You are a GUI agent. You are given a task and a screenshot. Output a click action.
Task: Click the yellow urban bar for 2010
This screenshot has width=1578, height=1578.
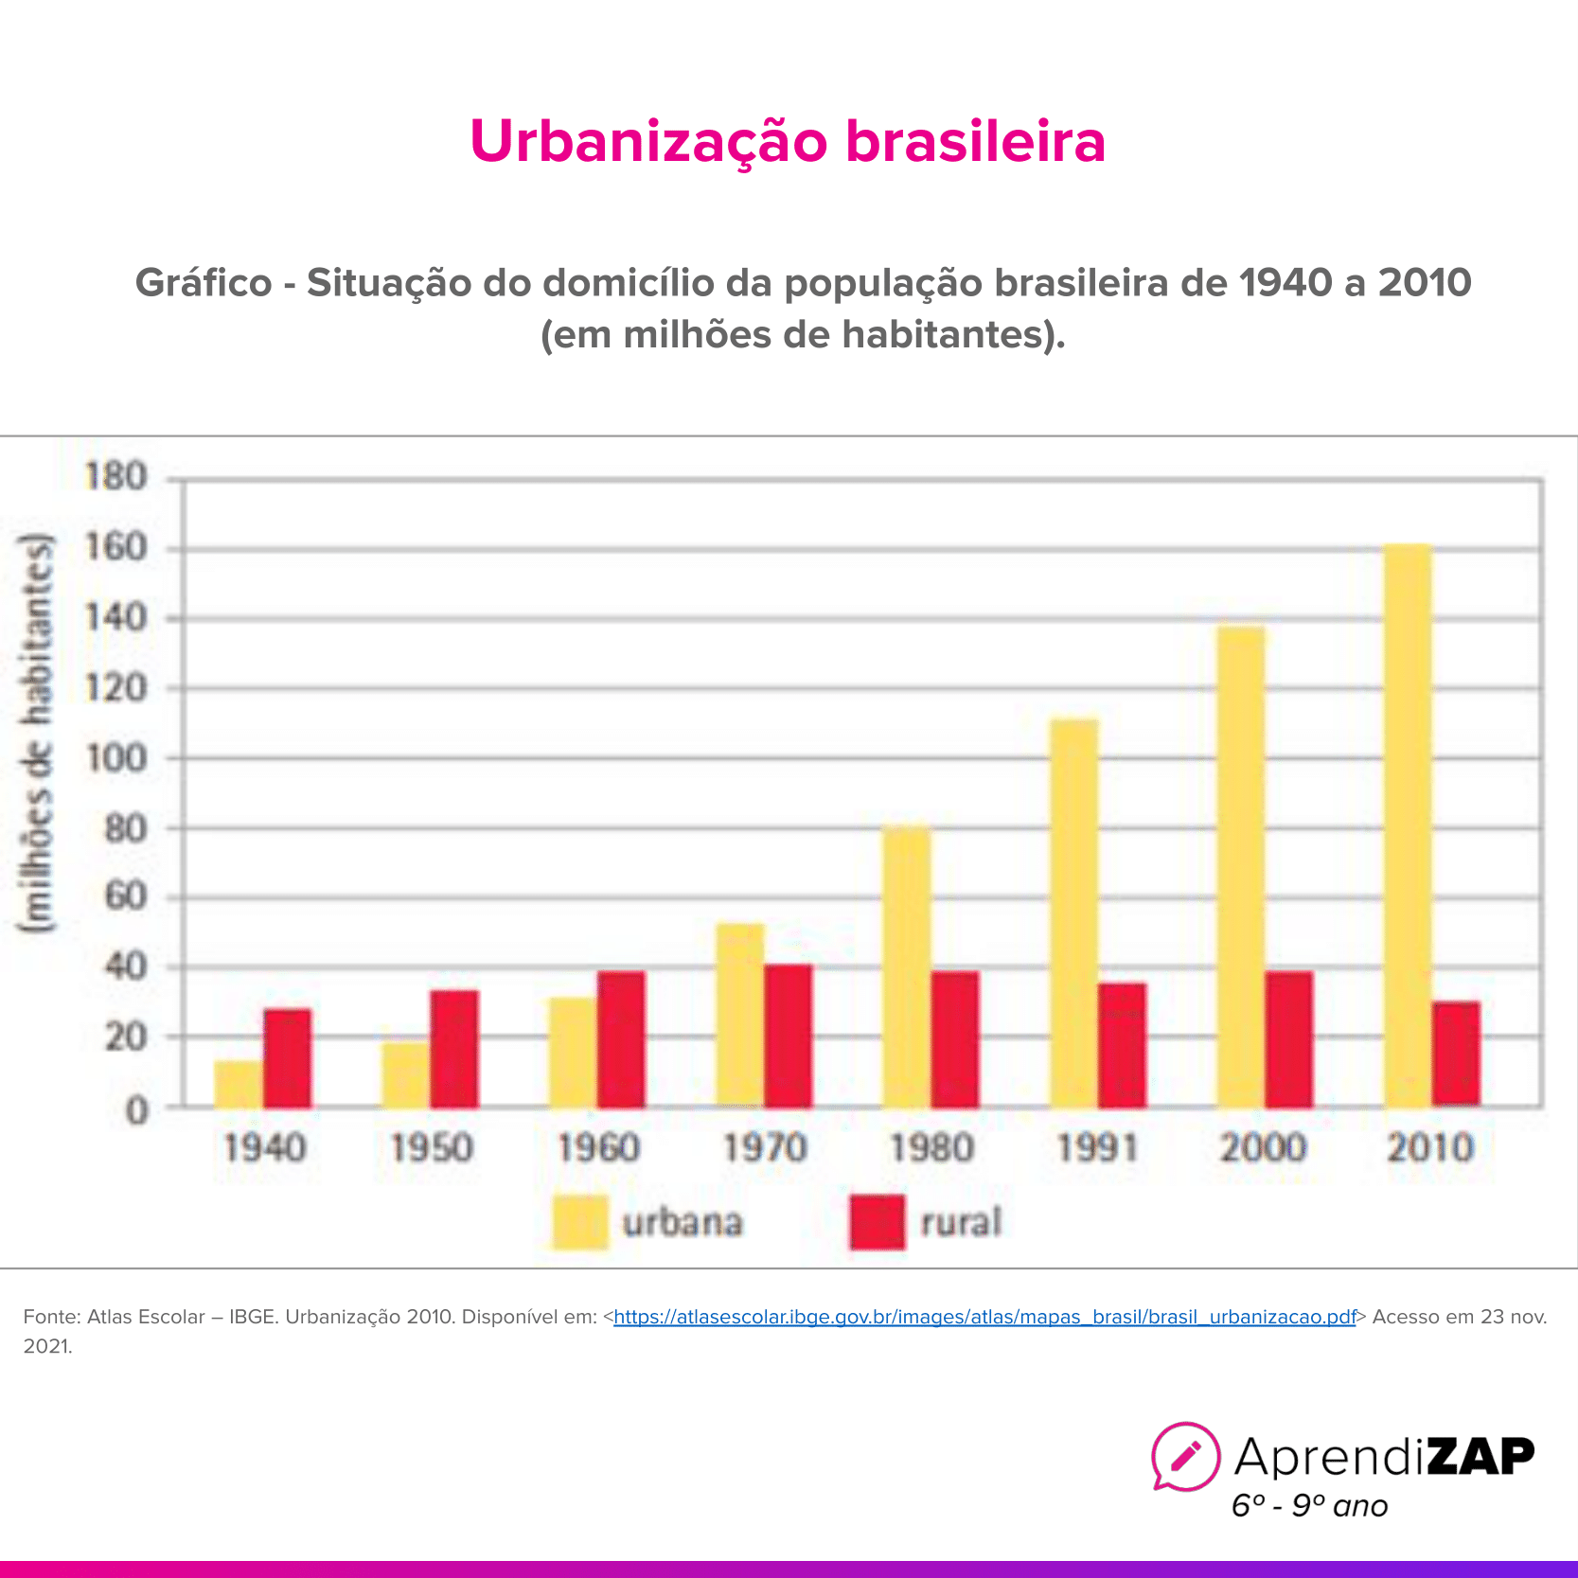[1408, 824]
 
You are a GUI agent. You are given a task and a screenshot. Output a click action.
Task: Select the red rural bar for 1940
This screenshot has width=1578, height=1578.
[288, 1058]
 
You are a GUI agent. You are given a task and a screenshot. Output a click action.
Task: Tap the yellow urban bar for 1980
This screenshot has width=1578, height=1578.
[907, 966]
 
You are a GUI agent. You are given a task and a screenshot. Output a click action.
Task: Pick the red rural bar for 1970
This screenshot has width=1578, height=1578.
[789, 1036]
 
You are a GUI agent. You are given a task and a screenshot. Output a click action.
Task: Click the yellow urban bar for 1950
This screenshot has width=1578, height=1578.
[405, 1074]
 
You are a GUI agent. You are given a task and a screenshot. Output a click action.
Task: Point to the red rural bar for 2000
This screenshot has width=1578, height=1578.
[1289, 1039]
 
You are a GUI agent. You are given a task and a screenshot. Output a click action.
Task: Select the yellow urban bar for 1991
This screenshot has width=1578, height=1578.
[1074, 913]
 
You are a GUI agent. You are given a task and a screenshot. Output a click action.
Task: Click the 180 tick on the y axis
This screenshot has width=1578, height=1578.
[115, 476]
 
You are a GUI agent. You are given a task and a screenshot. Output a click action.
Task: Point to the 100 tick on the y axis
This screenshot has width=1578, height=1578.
[115, 758]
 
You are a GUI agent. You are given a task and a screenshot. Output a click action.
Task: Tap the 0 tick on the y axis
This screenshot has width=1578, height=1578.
[137, 1110]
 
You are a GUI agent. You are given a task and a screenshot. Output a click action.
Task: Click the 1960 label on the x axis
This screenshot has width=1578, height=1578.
[598, 1148]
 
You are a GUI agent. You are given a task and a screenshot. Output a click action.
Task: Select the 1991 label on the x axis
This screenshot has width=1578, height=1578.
[1097, 1148]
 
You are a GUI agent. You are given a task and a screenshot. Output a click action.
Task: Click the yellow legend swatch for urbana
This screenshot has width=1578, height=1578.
[579, 1222]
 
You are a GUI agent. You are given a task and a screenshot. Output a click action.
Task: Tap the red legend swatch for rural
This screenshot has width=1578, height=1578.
[878, 1222]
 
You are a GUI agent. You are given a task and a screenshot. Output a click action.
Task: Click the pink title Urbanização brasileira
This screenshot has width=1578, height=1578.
[788, 141]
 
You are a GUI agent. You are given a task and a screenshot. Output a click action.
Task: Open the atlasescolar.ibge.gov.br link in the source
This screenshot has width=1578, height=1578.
[984, 1317]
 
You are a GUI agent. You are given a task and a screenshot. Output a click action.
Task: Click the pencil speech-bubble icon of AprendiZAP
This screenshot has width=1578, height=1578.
[1185, 1456]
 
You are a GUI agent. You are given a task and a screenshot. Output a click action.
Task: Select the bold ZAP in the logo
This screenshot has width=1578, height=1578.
[1480, 1456]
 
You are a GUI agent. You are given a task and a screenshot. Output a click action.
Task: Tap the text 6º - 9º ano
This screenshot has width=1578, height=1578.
[1309, 1506]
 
